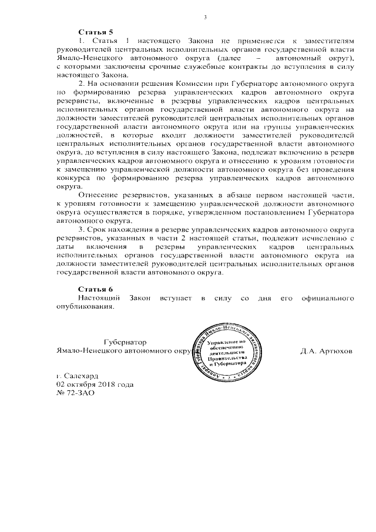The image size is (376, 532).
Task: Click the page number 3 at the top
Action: pos(206,16)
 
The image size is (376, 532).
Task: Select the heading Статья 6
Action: pos(95,289)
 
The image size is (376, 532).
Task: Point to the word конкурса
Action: pos(73,176)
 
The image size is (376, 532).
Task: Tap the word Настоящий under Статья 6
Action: pos(99,299)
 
